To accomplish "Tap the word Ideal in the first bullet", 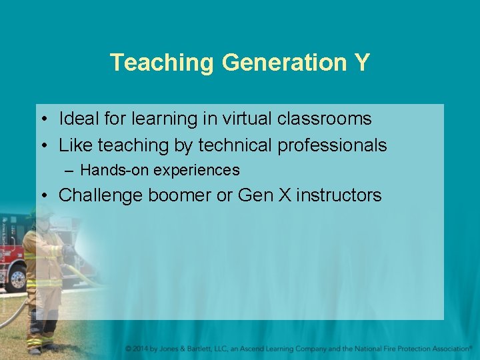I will (x=76, y=119).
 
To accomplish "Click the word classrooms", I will (x=329, y=119).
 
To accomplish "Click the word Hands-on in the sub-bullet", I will (x=115, y=170).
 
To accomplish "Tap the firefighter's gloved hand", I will (x=67, y=251).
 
